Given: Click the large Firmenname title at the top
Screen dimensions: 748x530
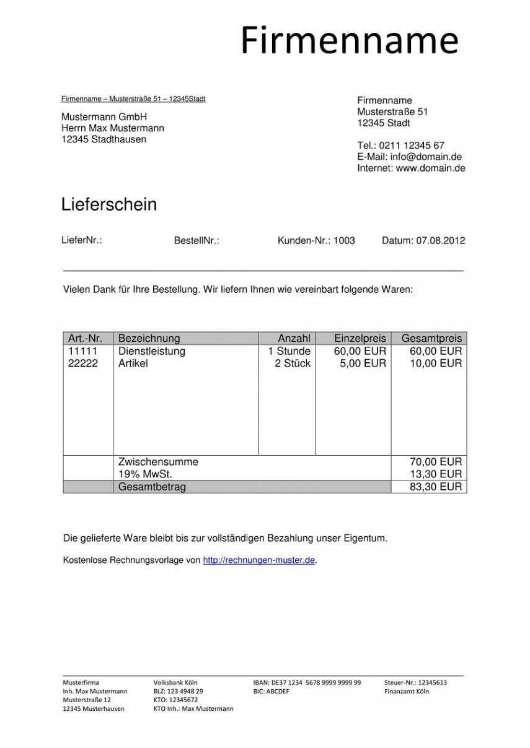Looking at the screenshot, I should [x=349, y=40].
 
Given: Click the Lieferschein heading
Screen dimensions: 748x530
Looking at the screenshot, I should [x=109, y=204].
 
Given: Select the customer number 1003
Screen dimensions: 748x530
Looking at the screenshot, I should [x=344, y=241].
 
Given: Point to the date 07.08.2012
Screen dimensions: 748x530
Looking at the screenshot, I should [x=440, y=241].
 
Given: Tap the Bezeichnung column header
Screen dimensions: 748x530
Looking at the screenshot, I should [x=149, y=338].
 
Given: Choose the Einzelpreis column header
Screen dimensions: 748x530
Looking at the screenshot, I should [x=360, y=338].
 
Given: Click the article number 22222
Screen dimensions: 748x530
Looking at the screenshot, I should [x=83, y=363].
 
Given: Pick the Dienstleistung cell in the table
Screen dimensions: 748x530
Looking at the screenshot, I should [x=152, y=351].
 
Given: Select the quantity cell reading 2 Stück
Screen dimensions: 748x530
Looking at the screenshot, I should [x=293, y=363].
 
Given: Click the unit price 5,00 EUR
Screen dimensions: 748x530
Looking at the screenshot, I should [x=363, y=363].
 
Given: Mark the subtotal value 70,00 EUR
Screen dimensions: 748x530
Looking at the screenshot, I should [x=436, y=462].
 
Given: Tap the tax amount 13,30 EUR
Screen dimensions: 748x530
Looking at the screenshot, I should [x=436, y=474].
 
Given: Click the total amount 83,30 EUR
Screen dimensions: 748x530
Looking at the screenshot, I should [x=436, y=487].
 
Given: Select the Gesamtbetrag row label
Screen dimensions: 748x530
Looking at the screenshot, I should [x=152, y=487].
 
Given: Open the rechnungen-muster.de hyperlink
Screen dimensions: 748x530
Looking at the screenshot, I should [x=259, y=560].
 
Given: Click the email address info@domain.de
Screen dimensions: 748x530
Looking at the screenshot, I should [x=426, y=157].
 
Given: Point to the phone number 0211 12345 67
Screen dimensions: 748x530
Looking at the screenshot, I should [x=412, y=146].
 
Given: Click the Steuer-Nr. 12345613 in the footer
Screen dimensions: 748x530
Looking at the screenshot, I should [x=415, y=682].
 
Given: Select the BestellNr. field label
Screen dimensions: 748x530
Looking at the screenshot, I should [x=197, y=241].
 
